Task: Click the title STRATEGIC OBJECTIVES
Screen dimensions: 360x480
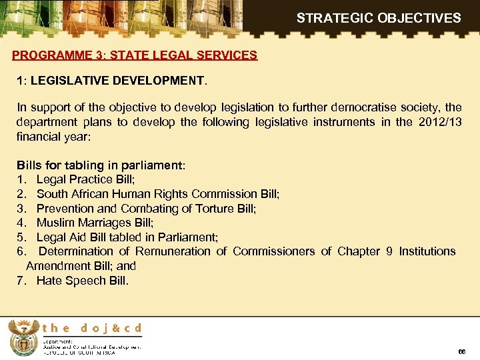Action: pos(378,18)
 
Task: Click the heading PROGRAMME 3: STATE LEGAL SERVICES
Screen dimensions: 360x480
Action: pos(135,55)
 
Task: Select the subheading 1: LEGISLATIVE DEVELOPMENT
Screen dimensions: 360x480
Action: pos(112,81)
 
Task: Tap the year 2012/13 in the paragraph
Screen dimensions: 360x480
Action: pos(439,121)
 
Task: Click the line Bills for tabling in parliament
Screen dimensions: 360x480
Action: pos(101,165)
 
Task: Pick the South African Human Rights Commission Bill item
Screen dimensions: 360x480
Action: pos(158,194)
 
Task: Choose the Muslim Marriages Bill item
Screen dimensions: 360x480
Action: pos(95,223)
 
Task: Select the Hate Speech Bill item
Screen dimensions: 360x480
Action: pos(83,280)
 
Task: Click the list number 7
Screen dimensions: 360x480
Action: pos(20,280)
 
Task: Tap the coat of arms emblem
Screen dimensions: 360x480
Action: pos(23,337)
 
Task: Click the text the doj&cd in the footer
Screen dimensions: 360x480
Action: pos(92,328)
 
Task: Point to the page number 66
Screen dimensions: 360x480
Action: pos(462,351)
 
